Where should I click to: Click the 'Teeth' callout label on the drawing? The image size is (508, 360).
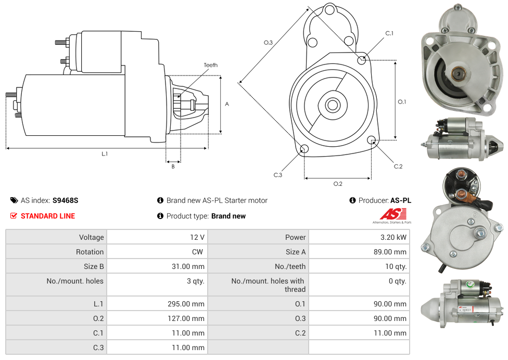210,65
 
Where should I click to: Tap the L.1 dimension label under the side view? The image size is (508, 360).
105,153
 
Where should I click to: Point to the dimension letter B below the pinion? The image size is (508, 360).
173,166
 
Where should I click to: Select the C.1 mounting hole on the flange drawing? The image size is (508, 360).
362,60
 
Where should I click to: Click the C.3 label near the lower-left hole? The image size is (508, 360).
278,175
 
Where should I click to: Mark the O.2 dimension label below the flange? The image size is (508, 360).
338,184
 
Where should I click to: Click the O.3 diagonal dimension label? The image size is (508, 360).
268,43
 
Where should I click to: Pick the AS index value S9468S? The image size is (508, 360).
65,200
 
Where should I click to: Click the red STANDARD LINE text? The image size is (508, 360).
48,216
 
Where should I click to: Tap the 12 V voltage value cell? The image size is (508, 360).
197,237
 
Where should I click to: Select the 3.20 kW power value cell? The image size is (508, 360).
394,237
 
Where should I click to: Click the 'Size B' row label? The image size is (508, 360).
91,266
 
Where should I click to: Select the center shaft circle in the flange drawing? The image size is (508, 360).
332,105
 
